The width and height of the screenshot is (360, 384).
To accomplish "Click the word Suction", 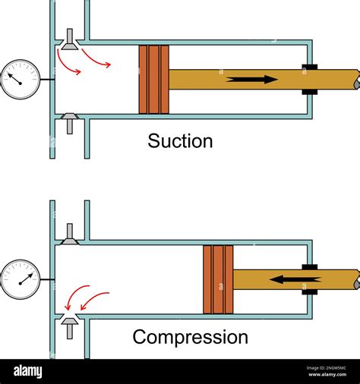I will tap(180, 141).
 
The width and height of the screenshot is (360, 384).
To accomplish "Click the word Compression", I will tap(190, 337).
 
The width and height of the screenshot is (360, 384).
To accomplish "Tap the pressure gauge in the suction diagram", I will tap(20, 79).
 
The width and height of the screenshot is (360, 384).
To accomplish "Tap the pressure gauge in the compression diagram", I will tap(20, 279).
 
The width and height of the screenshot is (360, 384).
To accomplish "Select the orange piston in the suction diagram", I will tap(153, 80).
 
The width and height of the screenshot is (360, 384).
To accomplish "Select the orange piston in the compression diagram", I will tap(218, 279).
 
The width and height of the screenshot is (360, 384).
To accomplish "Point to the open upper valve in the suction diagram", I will tap(69, 41).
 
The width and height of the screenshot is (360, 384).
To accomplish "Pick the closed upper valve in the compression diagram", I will tap(69, 236).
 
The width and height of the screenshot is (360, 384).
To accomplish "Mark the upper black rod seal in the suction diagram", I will tap(309, 67).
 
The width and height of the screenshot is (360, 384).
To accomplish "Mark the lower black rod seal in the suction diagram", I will tap(309, 93).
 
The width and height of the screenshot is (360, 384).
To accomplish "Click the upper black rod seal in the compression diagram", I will tap(309, 267).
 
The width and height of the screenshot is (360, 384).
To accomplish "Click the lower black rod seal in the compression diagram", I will tap(309, 291).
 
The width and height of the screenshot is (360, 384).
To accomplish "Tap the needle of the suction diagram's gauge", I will tap(15, 75).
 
